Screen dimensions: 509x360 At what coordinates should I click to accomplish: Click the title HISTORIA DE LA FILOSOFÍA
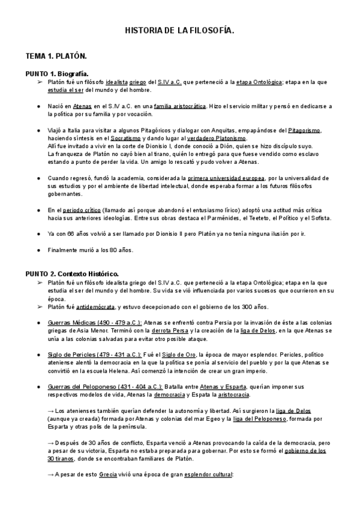point(179,29)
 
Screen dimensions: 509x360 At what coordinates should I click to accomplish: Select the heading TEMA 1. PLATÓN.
point(56,56)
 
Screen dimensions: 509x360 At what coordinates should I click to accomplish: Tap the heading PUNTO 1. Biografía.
point(57,73)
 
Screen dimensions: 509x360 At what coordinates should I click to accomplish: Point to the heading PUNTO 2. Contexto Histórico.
point(72,274)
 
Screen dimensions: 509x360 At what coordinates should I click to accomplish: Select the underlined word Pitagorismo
point(305,130)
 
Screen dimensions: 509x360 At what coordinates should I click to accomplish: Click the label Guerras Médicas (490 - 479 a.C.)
point(94,322)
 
